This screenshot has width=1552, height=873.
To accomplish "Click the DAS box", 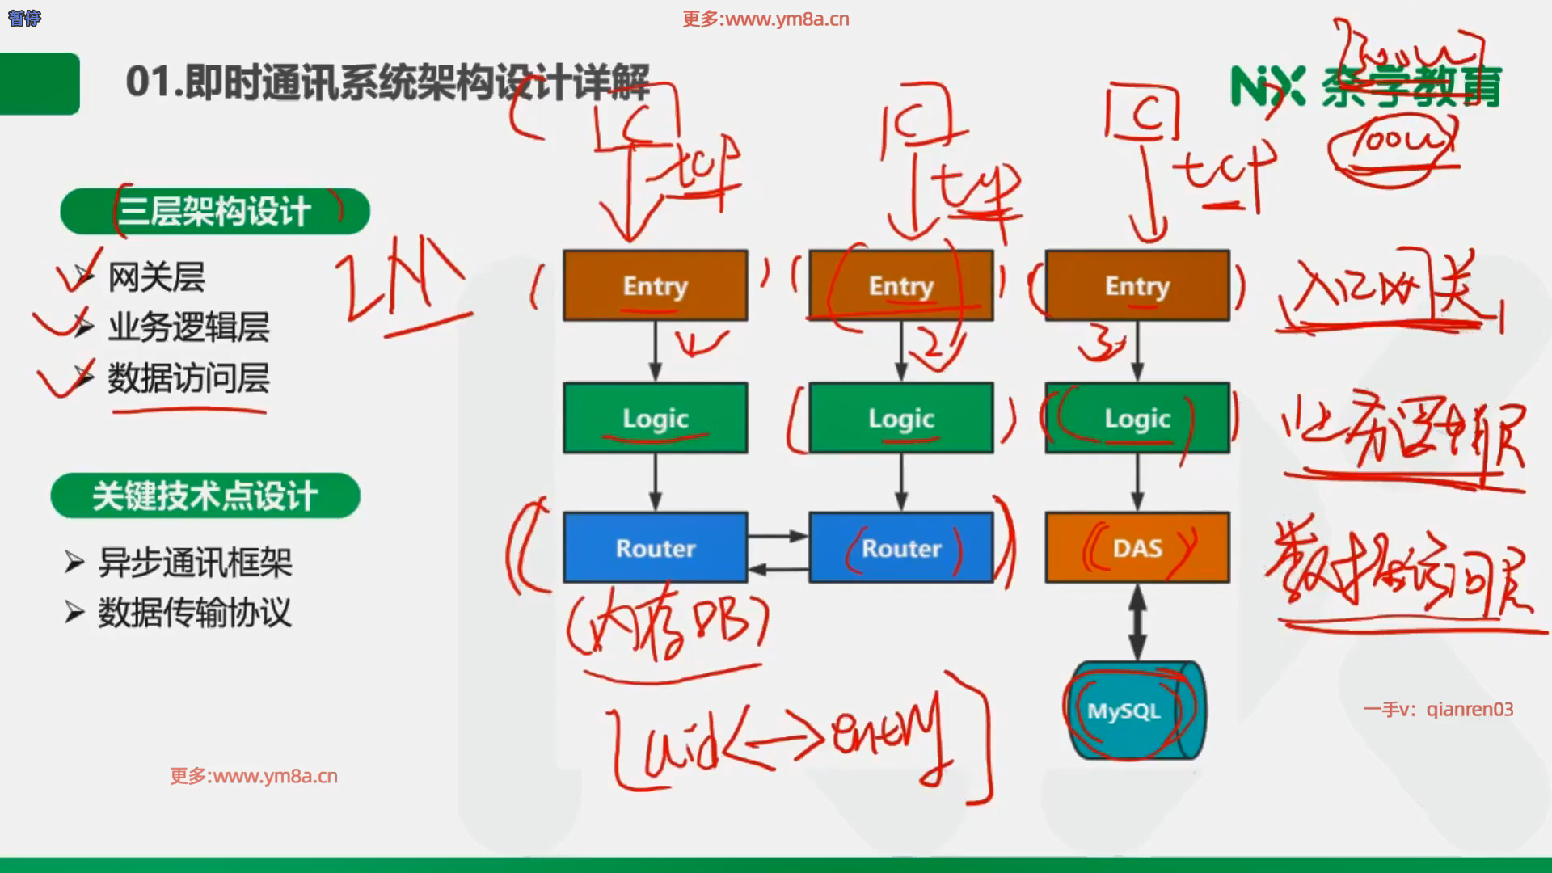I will [x=1137, y=547].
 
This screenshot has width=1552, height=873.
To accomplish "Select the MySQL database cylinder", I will [x=1136, y=711].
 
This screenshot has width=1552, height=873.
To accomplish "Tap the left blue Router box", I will [x=655, y=547].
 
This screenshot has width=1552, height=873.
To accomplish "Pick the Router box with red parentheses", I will [x=900, y=547].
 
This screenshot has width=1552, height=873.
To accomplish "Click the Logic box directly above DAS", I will [x=1137, y=418].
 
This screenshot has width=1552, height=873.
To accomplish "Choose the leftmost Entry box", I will [x=655, y=285].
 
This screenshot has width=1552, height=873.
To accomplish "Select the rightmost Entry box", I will [x=1137, y=285].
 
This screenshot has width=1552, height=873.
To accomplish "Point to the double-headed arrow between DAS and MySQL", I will [x=1137, y=622].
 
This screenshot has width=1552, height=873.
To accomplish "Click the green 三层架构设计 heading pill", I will [x=214, y=212].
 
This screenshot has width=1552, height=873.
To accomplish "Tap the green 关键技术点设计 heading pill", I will [x=205, y=496].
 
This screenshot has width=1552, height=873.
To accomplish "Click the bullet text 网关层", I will [x=156, y=277].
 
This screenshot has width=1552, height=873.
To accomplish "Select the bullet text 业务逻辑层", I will [x=188, y=327].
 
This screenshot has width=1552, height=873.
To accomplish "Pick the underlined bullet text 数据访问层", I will [x=188, y=378].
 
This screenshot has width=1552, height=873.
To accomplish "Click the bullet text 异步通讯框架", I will [x=195, y=563].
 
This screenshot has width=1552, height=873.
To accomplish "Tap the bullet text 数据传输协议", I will [x=194, y=613].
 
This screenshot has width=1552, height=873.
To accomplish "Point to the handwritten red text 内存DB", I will [x=667, y=626].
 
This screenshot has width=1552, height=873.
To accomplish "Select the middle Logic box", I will [x=900, y=418].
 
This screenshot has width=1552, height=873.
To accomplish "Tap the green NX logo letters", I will [x=1267, y=86].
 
